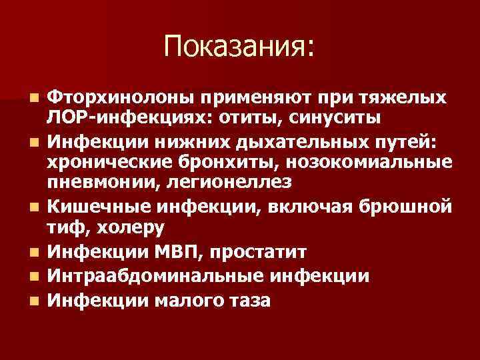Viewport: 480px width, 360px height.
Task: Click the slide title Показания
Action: [239, 46]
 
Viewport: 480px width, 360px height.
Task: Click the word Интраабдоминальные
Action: [146, 276]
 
